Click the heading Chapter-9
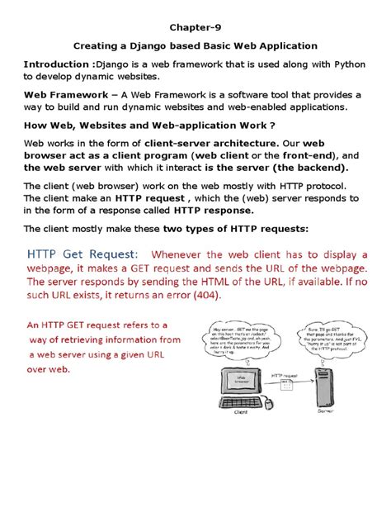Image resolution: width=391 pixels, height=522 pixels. click(x=195, y=26)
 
